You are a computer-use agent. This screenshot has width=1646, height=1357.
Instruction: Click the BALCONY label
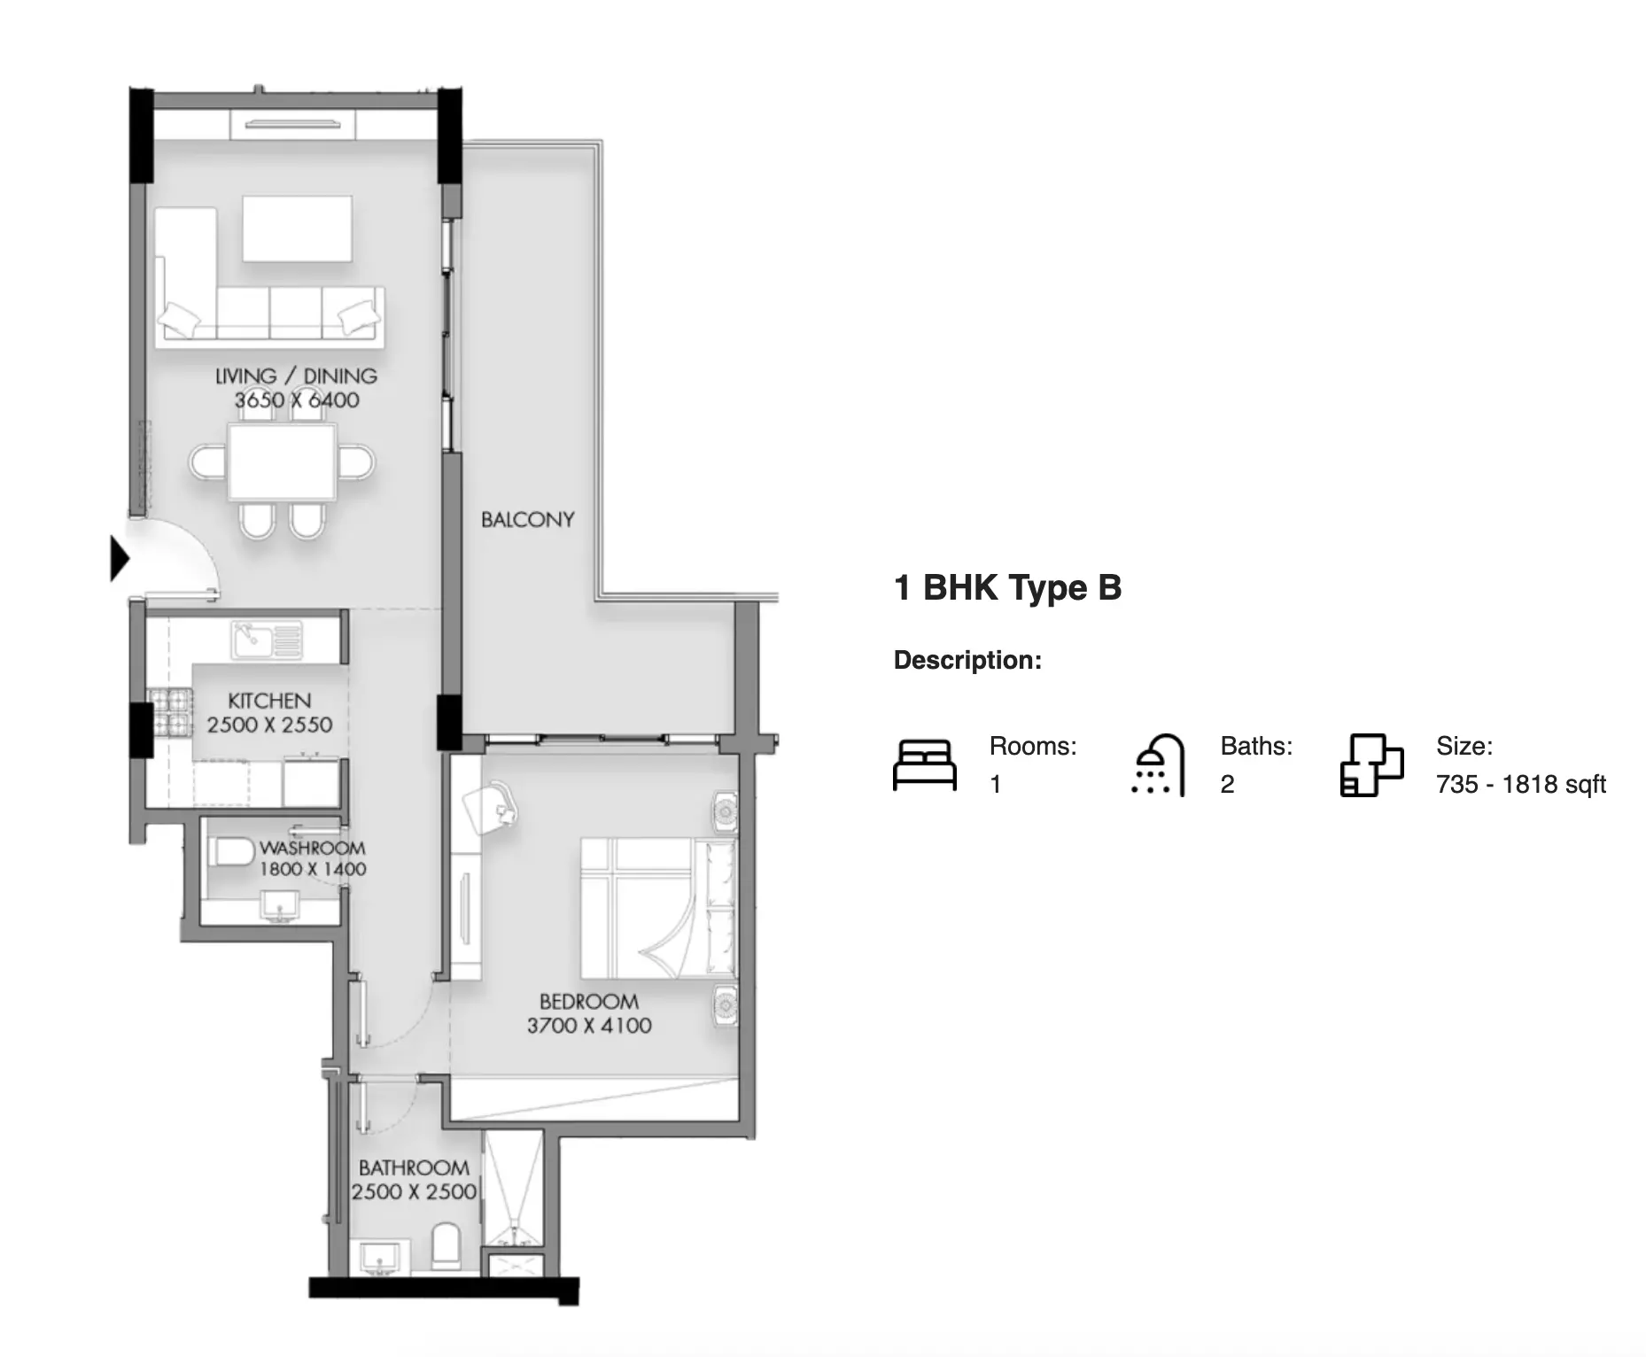tap(527, 519)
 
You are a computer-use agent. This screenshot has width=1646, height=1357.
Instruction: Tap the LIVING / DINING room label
tap(296, 376)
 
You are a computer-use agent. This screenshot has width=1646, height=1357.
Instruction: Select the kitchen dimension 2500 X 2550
tap(269, 725)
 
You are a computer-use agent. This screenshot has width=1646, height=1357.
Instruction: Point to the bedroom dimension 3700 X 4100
tap(589, 1026)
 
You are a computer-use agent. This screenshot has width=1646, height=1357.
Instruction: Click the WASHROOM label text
tap(312, 848)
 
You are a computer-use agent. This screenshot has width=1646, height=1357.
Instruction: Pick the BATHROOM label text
tap(414, 1168)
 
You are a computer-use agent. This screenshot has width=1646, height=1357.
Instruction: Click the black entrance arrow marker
tap(119, 559)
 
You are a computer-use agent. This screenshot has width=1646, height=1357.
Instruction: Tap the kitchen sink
tap(267, 640)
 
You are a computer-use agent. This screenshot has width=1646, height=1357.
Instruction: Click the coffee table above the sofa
tap(297, 229)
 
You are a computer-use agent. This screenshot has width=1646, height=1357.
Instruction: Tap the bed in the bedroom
tap(658, 908)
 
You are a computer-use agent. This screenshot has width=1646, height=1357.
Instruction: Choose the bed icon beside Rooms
tap(925, 764)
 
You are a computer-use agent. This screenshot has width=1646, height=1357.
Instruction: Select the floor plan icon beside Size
tap(1371, 764)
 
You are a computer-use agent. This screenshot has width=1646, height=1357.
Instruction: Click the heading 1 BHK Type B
tap(1008, 587)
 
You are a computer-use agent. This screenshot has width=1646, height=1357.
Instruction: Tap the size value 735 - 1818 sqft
tap(1521, 784)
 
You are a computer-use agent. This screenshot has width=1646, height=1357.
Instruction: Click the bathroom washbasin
tap(381, 1258)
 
